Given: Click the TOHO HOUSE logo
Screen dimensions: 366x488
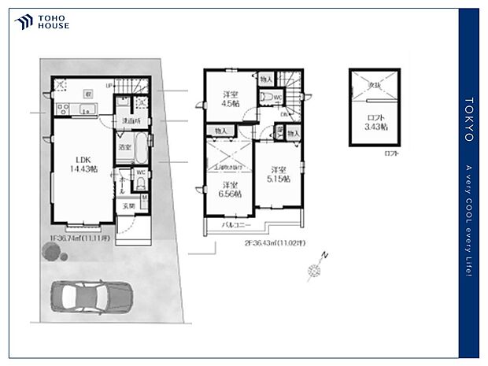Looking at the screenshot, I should click(43, 22).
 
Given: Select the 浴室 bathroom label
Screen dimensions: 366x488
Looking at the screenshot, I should click(124, 147).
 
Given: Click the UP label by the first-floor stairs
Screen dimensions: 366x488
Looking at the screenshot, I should click(109, 79).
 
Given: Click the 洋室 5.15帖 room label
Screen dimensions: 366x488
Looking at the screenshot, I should click(276, 175).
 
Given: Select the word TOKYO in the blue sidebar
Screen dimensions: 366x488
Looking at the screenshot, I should click(469, 120).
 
